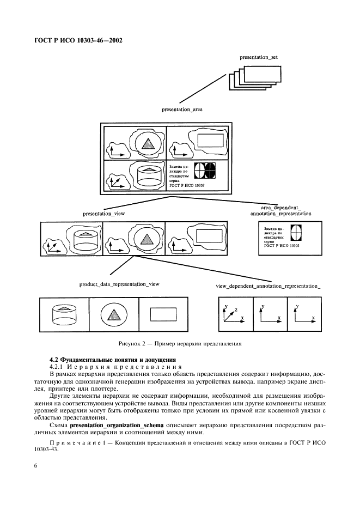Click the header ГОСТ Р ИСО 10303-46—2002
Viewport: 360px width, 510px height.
click(78, 40)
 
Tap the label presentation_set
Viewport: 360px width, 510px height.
click(259, 57)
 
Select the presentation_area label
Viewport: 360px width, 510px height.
click(182, 110)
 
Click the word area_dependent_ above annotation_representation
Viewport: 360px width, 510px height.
click(280, 208)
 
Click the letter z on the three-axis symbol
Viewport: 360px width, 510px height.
click(235, 309)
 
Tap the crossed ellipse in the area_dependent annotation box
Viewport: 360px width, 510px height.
click(296, 233)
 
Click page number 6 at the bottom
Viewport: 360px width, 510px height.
click(35, 466)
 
